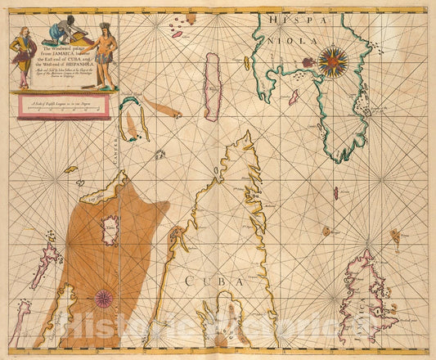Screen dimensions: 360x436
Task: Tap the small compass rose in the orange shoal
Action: tap(104, 299)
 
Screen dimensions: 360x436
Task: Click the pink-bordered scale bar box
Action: tap(76, 104)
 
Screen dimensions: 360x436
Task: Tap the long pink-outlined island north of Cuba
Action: tap(213, 75)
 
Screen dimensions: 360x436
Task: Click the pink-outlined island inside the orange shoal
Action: tap(109, 230)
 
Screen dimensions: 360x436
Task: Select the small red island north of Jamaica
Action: tap(335, 193)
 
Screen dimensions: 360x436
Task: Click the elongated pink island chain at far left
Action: tap(45, 262)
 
